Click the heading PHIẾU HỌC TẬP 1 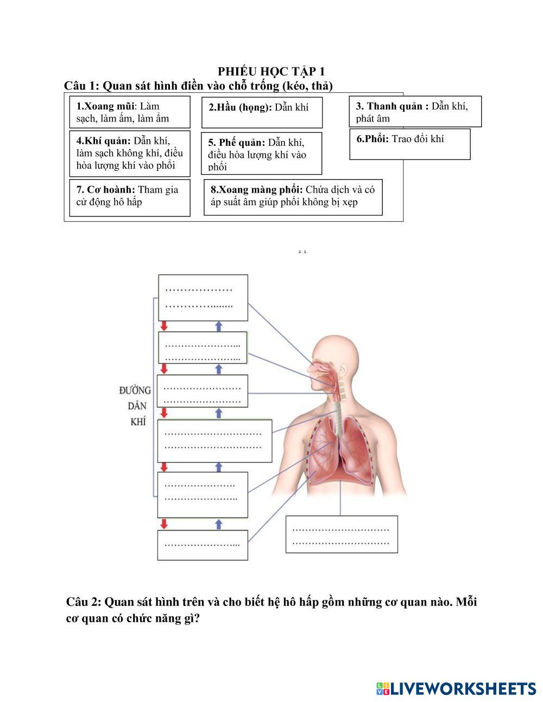[x=271, y=72]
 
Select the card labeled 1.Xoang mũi [x=130, y=112]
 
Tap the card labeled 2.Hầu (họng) [x=262, y=112]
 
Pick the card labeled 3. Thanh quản [x=415, y=112]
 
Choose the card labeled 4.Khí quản [x=130, y=154]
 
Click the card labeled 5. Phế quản [x=261, y=154]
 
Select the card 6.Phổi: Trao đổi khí [x=409, y=144]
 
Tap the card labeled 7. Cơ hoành [x=130, y=197]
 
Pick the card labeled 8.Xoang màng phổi [x=293, y=197]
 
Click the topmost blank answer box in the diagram [x=203, y=297]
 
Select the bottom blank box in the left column [x=203, y=545]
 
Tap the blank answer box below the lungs [x=342, y=534]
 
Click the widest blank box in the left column [x=214, y=441]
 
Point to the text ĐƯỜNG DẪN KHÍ [x=136, y=405]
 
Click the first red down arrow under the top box [x=163, y=326]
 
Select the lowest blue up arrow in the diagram [x=219, y=524]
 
